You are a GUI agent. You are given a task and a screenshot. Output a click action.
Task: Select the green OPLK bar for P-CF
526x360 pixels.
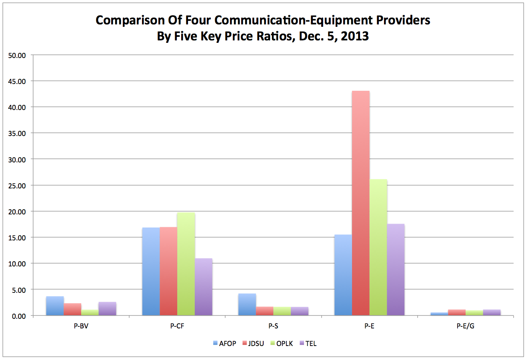tap(186, 264)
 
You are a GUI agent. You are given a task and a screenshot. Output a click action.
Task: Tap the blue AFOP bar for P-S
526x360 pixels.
tap(247, 304)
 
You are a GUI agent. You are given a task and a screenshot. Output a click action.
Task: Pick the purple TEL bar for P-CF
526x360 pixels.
tap(204, 287)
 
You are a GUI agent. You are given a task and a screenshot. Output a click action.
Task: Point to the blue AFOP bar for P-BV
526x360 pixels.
tap(55, 306)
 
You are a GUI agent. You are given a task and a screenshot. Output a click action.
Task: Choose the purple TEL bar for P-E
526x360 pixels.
tap(396, 270)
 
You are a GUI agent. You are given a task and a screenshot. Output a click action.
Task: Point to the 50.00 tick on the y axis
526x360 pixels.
tap(16, 55)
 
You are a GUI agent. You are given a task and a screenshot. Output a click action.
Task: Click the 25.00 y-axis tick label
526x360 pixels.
tap(16, 186)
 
